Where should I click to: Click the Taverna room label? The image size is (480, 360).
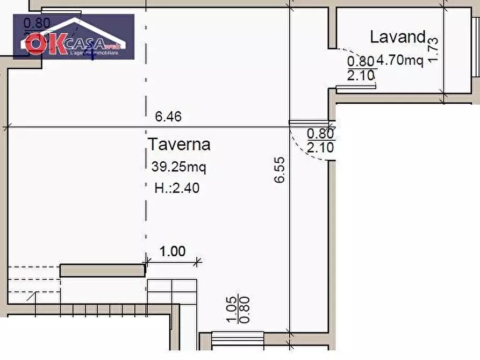(x=179, y=145)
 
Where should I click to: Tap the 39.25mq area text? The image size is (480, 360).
(x=178, y=167)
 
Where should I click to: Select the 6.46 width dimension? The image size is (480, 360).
(x=168, y=117)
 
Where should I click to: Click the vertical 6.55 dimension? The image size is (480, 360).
(x=280, y=170)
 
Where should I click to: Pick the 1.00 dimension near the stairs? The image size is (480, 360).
(x=173, y=251)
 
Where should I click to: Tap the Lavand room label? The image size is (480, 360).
(x=397, y=37)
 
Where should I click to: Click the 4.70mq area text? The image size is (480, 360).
(x=400, y=60)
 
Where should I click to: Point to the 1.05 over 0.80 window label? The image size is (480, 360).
(x=237, y=311)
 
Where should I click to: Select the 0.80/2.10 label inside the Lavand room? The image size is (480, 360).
(x=361, y=69)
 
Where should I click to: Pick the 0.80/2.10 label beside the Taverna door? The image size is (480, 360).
(x=320, y=141)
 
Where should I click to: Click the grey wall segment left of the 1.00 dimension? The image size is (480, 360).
(x=102, y=270)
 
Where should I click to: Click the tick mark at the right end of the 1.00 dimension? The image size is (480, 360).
(x=198, y=262)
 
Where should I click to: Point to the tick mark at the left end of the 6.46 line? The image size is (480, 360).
(x=6, y=127)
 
